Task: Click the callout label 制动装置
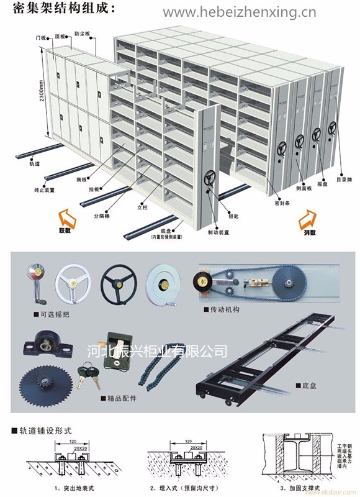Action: pos(218,232)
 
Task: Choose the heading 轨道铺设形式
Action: pos(41,430)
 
